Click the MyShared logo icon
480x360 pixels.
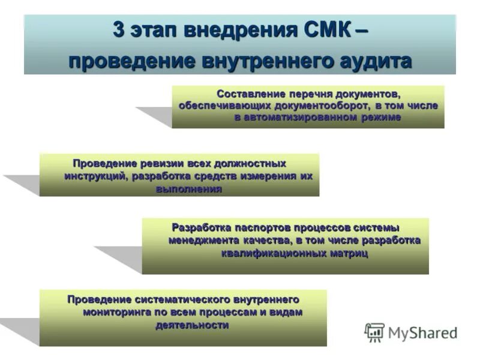[374, 332]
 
